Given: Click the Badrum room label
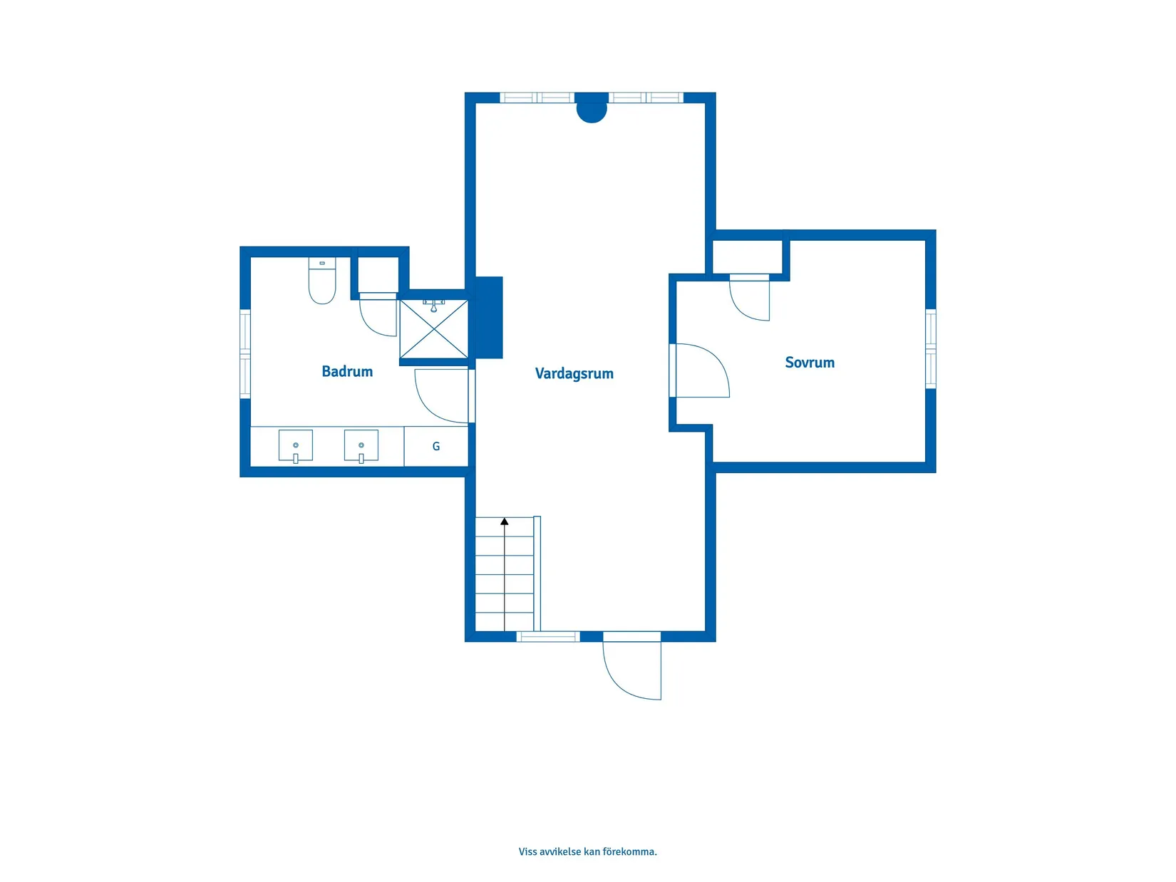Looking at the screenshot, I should pos(347,371).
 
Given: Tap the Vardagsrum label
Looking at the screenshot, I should pos(574,373).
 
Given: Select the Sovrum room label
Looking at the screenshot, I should pos(809,363).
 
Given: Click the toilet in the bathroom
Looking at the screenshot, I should pos(322,282).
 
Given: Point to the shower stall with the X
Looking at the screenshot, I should pos(433,329).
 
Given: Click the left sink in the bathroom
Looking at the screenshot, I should pos(296,446).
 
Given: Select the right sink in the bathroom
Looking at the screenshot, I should pos(361,446).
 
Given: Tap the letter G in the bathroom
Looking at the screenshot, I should pos(436,447).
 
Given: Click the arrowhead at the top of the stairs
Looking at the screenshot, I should pos(505,522).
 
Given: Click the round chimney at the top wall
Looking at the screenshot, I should pos(591,109).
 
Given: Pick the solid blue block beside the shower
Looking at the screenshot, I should pos(489,317).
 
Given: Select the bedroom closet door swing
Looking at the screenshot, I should pos(750,298).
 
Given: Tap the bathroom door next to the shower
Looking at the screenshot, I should pos(442,396).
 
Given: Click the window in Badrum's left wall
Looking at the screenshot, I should pos(245,353).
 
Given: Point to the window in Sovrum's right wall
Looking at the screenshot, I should pos(930,348).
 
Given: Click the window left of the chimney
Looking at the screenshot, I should pos(537,98).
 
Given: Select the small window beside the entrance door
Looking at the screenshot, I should pos(547,636).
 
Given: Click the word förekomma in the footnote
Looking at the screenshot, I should pos(629,851).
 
